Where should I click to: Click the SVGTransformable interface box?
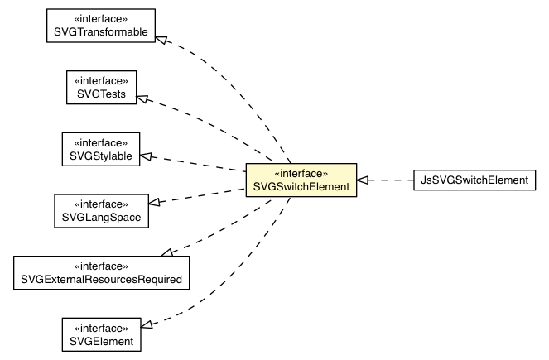(x=100, y=26)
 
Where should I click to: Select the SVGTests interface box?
(x=101, y=88)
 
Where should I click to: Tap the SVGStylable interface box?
(x=100, y=148)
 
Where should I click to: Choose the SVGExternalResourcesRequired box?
(x=101, y=272)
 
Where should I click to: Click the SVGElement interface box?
(x=100, y=332)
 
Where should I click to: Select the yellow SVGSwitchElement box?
(x=301, y=180)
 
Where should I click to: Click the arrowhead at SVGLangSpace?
(x=154, y=202)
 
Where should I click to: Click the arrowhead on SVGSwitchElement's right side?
(x=363, y=180)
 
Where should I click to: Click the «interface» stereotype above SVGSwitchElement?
(x=301, y=173)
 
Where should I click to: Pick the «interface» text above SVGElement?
(x=100, y=325)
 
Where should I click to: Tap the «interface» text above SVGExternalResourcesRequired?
(x=101, y=266)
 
